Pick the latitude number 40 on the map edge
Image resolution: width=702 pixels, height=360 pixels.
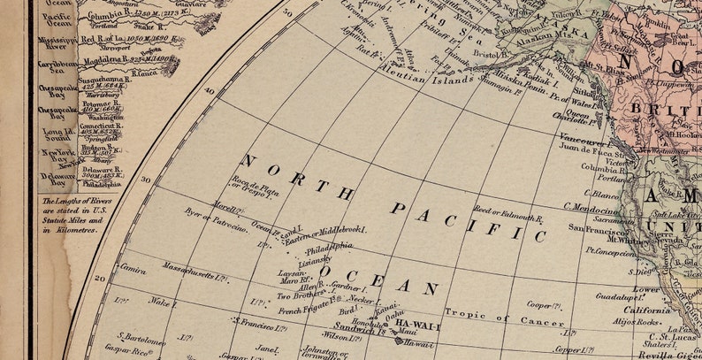(210, 91)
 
